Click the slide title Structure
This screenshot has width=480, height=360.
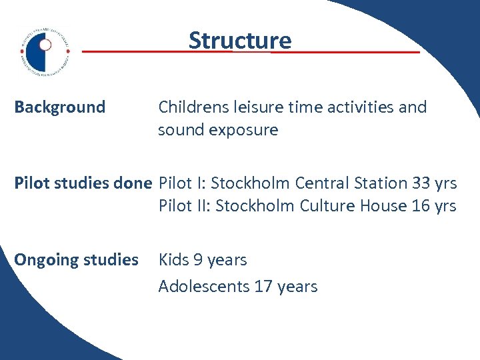pyautogui.click(x=240, y=41)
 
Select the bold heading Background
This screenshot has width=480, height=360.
pyautogui.click(x=60, y=107)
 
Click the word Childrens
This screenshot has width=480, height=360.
pyautogui.click(x=192, y=107)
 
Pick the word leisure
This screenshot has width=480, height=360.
pyautogui.click(x=255, y=107)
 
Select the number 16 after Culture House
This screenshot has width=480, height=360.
pyautogui.click(x=421, y=206)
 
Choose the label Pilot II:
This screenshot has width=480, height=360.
pyautogui.click(x=179, y=206)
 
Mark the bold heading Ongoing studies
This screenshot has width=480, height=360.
pyautogui.click(x=76, y=260)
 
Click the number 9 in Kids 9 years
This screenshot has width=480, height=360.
pyautogui.click(x=199, y=260)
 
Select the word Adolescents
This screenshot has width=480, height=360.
pyautogui.click(x=204, y=287)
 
